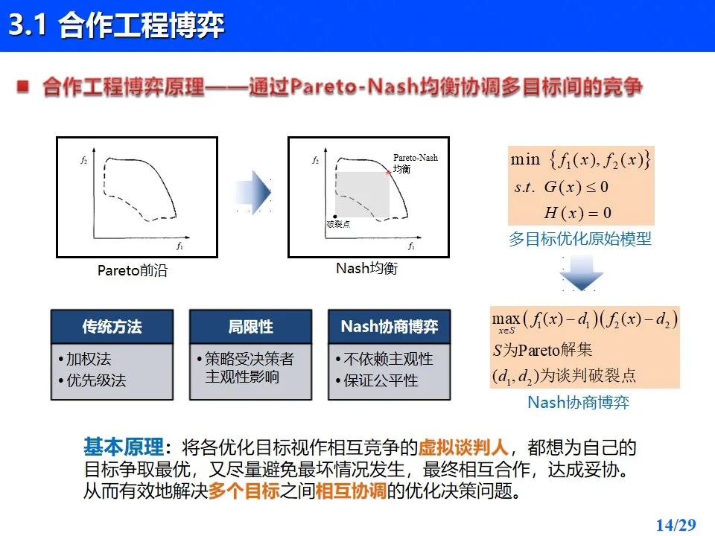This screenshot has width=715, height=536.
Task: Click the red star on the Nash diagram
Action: tap(389, 172)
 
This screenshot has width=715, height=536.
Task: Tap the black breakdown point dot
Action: tap(335, 217)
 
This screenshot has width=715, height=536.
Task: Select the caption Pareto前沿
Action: tap(133, 270)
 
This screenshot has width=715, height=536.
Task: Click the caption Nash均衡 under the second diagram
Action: tap(366, 268)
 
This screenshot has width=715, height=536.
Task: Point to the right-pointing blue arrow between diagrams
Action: tap(253, 192)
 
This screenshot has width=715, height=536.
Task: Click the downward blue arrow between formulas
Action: tap(582, 272)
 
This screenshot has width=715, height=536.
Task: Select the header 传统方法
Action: tap(112, 326)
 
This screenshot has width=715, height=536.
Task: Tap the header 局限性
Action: tap(250, 326)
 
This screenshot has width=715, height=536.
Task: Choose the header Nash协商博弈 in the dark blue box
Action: tap(390, 326)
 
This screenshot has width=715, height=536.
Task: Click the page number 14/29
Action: tap(676, 525)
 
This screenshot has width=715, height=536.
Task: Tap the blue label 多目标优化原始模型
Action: tap(580, 238)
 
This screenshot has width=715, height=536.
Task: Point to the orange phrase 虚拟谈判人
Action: tap(463, 447)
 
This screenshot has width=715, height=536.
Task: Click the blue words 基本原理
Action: tap(124, 447)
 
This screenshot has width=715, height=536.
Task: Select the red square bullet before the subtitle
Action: tap(23, 86)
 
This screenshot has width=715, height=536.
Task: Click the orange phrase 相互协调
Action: tap(351, 491)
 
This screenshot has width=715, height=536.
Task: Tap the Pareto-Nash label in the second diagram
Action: tap(416, 158)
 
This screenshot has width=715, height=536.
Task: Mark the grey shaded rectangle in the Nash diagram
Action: tap(362, 194)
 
